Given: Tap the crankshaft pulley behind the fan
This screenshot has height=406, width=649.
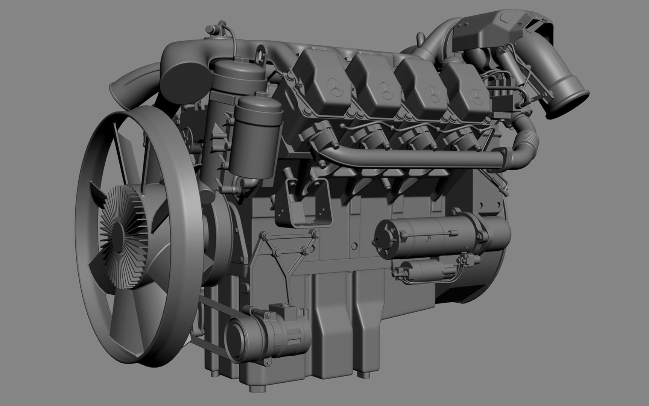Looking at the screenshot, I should tap(216, 244).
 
